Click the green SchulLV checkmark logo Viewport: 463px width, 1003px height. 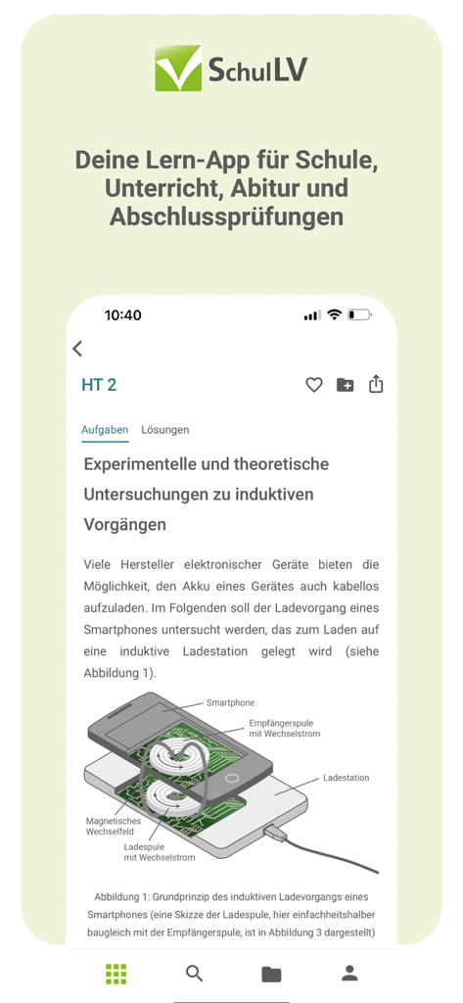(178, 69)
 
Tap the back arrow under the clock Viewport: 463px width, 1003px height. (77, 348)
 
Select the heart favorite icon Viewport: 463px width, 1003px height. (314, 385)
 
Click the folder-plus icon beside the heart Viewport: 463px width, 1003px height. (346, 385)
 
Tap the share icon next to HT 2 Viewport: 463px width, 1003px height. (376, 385)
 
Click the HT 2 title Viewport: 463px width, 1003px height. (99, 385)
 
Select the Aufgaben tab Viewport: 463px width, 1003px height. (105, 430)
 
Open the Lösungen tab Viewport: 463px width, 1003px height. (165, 430)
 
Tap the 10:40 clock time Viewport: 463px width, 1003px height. (123, 315)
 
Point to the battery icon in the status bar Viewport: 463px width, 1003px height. (359, 315)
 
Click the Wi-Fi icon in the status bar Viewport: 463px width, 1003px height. (334, 315)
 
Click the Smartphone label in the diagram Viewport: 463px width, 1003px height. (230, 702)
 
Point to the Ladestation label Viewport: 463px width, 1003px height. (347, 778)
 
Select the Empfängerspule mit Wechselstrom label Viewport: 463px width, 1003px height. (284, 728)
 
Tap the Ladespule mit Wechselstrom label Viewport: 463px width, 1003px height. (159, 851)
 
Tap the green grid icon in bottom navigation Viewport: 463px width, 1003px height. (116, 973)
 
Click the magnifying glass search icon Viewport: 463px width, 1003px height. (194, 973)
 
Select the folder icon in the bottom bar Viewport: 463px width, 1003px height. (271, 973)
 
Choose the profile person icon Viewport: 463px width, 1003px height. (348, 973)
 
